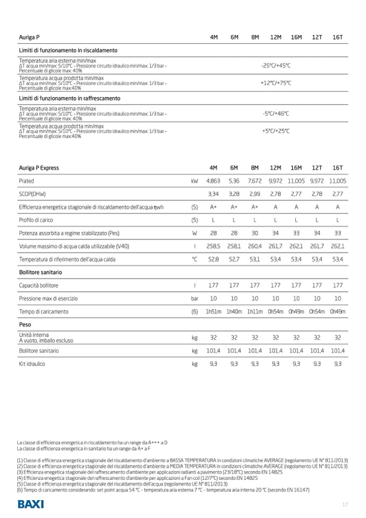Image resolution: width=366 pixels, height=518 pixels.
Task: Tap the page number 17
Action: (345, 504)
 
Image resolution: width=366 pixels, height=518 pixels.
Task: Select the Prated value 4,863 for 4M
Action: (213, 181)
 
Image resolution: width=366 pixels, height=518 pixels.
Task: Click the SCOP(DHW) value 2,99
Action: (255, 194)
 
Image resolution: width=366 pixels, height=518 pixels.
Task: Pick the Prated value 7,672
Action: (255, 181)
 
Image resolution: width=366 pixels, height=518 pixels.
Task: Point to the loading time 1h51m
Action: (213, 312)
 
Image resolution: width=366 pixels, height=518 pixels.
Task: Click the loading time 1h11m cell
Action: (255, 312)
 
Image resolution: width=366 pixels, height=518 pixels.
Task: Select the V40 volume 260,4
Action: (255, 246)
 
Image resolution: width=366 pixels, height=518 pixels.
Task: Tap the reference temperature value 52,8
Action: (213, 259)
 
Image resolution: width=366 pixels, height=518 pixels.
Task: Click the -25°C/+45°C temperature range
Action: (276, 65)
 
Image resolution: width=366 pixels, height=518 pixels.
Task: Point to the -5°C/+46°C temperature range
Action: (276, 113)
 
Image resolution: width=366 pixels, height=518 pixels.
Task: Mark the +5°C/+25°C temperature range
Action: (276, 131)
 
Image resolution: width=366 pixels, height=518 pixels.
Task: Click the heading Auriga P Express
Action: (39, 168)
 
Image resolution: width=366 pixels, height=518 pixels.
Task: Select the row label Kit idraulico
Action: (32, 364)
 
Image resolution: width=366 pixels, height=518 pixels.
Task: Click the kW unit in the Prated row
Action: (194, 181)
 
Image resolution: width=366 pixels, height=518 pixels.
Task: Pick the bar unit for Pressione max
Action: (194, 299)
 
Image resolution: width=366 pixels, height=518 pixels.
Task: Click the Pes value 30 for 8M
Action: (255, 233)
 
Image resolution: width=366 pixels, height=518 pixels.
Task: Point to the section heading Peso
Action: (25, 325)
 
